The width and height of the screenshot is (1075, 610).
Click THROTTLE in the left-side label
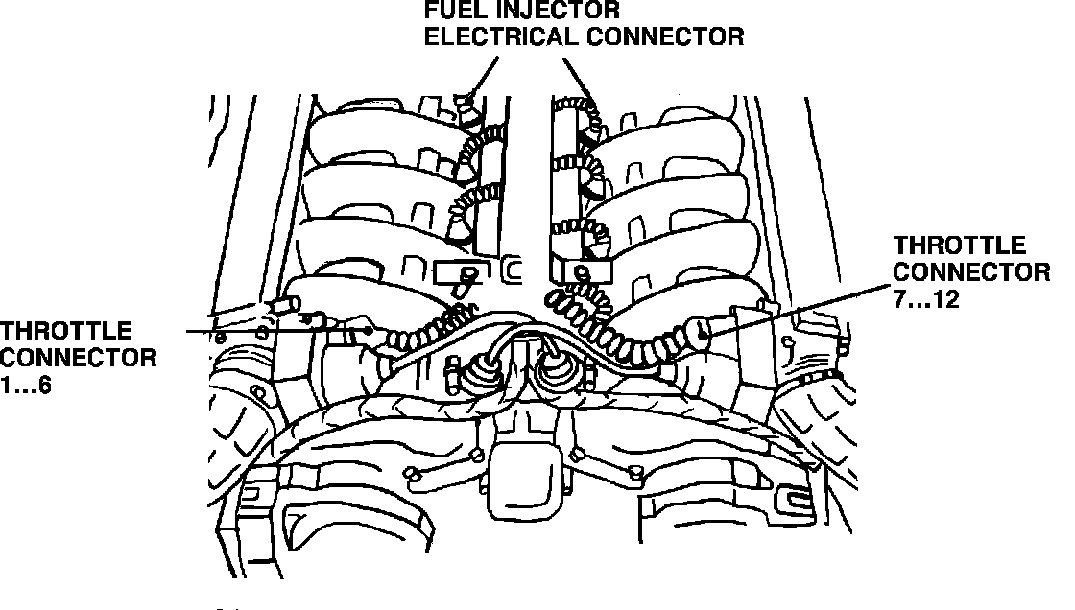click(x=65, y=332)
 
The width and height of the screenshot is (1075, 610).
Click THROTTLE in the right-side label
click(x=959, y=246)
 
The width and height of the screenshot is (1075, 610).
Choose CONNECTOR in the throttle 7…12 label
click(x=971, y=272)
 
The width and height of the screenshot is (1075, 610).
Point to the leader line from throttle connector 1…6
click(x=278, y=331)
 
